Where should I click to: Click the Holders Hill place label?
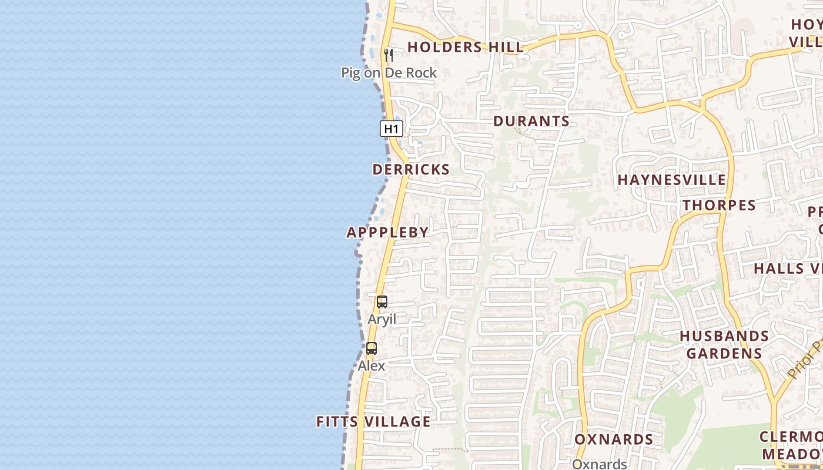click(x=465, y=47)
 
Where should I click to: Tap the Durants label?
click(x=531, y=122)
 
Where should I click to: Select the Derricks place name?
click(x=411, y=170)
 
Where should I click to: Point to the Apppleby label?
click(x=388, y=233)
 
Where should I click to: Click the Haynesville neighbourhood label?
click(x=672, y=180)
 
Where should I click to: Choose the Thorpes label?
click(x=719, y=206)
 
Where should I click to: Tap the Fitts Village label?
click(x=373, y=422)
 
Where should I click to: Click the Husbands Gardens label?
click(x=724, y=345)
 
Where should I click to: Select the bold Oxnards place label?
click(x=614, y=439)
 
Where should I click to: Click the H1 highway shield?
click(x=392, y=129)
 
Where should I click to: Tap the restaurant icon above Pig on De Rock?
click(x=388, y=55)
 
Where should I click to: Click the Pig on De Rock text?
click(x=389, y=73)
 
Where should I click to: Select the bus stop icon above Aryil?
click(x=382, y=303)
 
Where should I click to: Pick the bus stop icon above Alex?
click(x=372, y=348)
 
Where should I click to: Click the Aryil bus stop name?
click(x=382, y=320)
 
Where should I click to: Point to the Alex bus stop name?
click(x=372, y=365)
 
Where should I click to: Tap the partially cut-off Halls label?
click(x=788, y=268)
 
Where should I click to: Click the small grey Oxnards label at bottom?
click(x=600, y=464)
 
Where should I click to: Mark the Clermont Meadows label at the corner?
click(x=791, y=445)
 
